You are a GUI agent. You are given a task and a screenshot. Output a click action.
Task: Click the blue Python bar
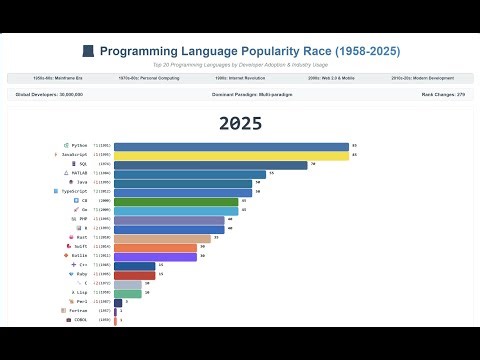[231, 146]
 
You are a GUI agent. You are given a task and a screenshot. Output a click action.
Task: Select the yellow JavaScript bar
[231, 156]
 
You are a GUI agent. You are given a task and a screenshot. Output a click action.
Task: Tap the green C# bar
[176, 200]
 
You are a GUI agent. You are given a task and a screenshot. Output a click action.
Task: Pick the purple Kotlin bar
[155, 257]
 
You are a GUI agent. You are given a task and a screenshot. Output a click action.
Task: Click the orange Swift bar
[155, 247]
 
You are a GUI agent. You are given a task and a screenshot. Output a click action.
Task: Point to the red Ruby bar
[134, 274]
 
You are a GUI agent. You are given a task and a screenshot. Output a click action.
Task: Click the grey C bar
[128, 283]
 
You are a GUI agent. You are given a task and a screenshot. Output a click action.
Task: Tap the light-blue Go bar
[176, 210]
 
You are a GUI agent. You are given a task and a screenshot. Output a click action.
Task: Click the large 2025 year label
[240, 123]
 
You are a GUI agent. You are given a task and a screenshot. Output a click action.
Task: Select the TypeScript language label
[81, 191]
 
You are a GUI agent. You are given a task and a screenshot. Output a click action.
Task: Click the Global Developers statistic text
[49, 93]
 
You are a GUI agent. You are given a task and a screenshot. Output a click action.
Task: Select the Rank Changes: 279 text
[445, 93]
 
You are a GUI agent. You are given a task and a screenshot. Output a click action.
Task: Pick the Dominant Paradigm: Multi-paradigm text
[240, 93]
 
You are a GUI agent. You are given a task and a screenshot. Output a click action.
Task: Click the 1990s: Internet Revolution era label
[241, 77]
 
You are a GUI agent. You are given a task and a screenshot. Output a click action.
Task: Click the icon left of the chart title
[87, 50]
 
